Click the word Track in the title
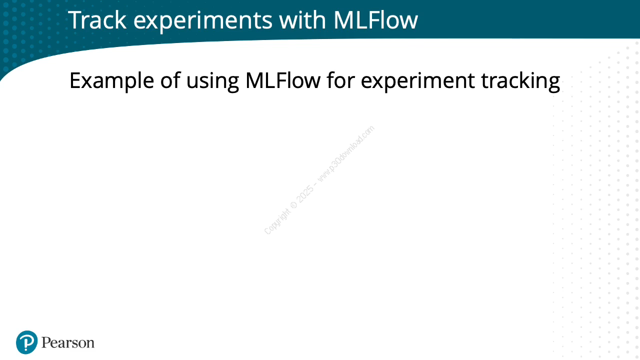97,20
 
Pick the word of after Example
170,80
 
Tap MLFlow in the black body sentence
283,80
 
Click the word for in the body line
340,80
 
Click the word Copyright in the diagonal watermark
277,222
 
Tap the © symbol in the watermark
293,205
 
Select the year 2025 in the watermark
304,193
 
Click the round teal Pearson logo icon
27,342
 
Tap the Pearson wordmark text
67,342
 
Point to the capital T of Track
75,20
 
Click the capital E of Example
75,80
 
